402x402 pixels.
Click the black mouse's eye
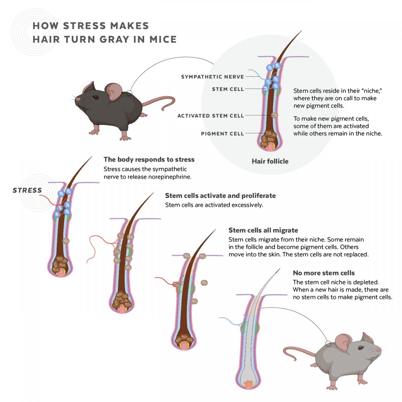tap(96, 97)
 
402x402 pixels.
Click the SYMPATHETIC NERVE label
tap(212, 77)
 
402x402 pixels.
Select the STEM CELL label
tap(228, 89)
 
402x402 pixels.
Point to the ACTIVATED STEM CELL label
tap(210, 116)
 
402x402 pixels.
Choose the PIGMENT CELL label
tap(222, 134)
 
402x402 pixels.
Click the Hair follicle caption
tap(270, 161)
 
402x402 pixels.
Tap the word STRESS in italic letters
tap(27, 190)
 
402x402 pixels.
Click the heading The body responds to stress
tap(149, 159)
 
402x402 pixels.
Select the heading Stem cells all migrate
tap(263, 230)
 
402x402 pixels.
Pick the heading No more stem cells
tap(324, 273)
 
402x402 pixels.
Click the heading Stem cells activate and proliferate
tap(220, 196)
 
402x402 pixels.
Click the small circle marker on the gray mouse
tap(328, 344)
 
